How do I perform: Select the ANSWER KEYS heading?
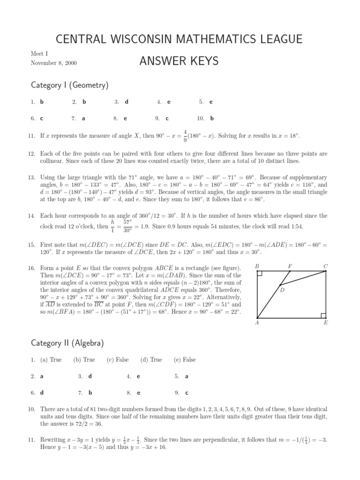pyautogui.click(x=180, y=61)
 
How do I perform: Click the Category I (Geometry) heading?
pyautogui.click(x=69, y=85)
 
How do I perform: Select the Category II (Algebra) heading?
pyautogui.click(x=67, y=343)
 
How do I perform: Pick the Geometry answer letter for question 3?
pyautogui.click(x=127, y=102)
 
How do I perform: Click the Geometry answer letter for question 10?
pyautogui.click(x=212, y=119)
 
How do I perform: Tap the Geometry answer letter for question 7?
pyautogui.click(x=83, y=119)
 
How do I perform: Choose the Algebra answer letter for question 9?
pyautogui.click(x=187, y=393)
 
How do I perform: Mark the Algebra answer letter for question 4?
pyautogui.click(x=138, y=376)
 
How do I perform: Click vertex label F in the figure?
pyautogui.click(x=290, y=266)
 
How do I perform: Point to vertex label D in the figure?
pyautogui.click(x=283, y=290)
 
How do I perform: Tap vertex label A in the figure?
pyautogui.click(x=256, y=322)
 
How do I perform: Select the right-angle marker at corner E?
pyautogui.click(x=323, y=315)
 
